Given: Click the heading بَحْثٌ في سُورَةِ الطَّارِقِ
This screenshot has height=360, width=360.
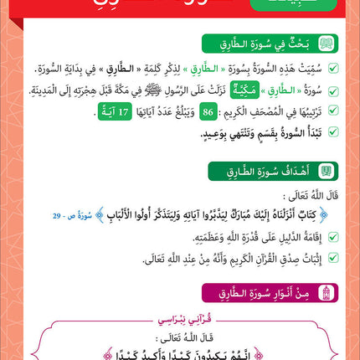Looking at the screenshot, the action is click(x=271, y=42).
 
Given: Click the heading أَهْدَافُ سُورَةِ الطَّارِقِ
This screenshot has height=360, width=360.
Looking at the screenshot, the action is click(x=273, y=170).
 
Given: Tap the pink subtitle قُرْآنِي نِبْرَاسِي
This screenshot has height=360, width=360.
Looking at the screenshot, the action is click(x=180, y=320).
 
